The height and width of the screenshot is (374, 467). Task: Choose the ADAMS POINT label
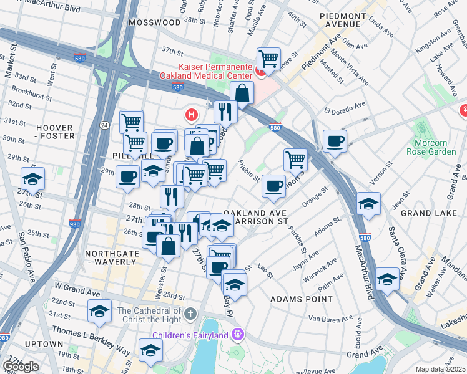point(302,299)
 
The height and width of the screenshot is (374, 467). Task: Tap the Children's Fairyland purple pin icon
point(237,335)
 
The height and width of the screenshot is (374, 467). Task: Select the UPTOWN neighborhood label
point(44,344)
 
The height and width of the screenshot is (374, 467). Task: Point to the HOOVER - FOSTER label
point(54,132)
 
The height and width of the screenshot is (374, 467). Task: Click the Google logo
point(20,367)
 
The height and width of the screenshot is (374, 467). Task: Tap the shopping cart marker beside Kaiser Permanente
point(268,59)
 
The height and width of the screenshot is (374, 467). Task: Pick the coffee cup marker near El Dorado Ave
point(335,140)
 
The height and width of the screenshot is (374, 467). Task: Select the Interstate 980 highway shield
point(74,224)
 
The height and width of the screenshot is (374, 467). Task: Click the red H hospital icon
point(192,115)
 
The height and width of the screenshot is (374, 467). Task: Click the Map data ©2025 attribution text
point(441,369)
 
